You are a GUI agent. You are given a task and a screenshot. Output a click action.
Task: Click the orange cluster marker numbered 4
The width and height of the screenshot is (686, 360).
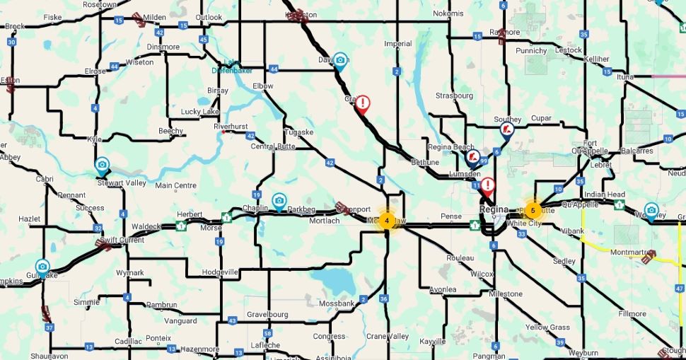point(387,220)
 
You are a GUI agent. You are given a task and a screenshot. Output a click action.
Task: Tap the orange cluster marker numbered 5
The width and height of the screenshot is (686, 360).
point(533,210)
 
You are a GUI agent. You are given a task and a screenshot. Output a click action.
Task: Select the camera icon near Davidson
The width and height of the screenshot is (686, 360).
point(341,61)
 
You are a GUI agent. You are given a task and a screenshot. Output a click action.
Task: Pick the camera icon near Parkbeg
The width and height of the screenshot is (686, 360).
point(279,201)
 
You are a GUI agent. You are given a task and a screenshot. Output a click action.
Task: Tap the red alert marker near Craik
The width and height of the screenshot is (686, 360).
point(363,104)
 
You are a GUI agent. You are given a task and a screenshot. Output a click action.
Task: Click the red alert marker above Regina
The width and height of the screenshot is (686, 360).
point(487,186)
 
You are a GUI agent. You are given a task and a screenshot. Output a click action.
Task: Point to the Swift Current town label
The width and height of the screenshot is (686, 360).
point(123,240)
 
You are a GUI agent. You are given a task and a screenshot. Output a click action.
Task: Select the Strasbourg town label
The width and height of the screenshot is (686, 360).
point(454,95)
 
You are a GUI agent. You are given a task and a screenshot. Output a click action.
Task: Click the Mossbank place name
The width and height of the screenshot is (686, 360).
point(336,303)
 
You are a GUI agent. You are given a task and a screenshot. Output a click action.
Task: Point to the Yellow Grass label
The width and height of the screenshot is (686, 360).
point(547,327)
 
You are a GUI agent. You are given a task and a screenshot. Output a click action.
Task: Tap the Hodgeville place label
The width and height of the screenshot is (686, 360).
point(220,272)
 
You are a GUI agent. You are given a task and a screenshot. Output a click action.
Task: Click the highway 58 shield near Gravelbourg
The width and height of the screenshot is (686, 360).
point(267,333)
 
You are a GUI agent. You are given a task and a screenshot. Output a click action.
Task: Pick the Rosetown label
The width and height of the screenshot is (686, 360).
point(100,4)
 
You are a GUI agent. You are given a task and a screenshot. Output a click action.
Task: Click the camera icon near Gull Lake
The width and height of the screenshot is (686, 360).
point(42,267)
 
